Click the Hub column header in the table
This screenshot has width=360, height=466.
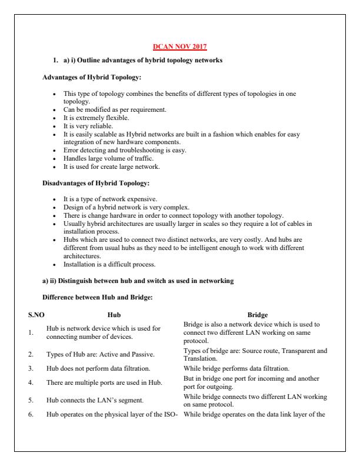pyautogui.click(x=115, y=315)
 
